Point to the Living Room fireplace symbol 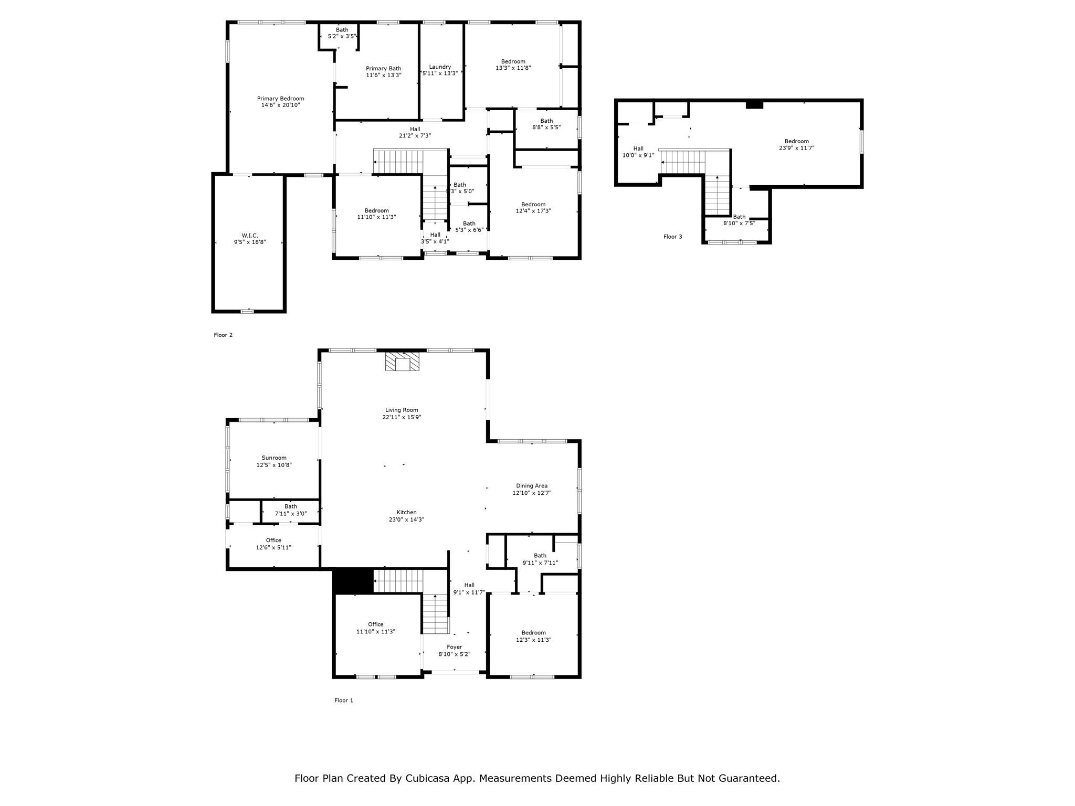pos(402,362)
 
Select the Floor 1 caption pos(344,700)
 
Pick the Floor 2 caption pos(223,335)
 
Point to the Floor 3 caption pos(673,237)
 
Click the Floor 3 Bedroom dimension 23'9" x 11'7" pos(797,148)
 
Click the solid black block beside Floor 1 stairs pos(353,581)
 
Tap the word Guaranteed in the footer pos(746,778)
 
